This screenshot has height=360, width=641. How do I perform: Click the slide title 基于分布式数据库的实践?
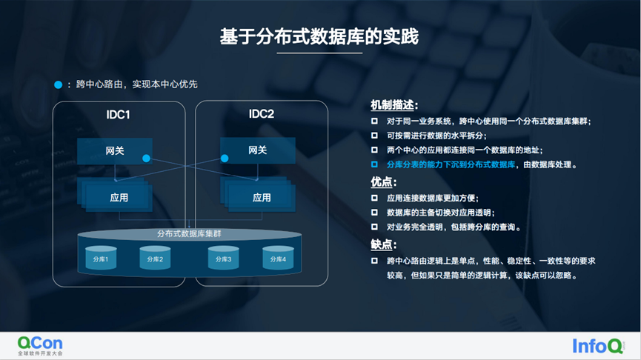click(319, 36)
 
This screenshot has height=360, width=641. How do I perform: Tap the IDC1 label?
click(118, 115)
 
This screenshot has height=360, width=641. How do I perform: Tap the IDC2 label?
click(261, 115)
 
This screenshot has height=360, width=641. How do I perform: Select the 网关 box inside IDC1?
click(114, 150)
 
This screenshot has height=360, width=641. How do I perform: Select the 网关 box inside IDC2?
click(257, 150)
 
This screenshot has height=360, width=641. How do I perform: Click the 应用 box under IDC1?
click(119, 197)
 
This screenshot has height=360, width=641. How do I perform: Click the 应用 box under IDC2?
click(261, 197)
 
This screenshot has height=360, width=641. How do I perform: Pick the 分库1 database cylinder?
click(101, 258)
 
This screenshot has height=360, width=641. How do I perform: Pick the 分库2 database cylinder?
click(155, 258)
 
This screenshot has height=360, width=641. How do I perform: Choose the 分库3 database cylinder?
click(224, 258)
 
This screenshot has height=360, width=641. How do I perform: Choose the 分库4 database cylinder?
click(278, 258)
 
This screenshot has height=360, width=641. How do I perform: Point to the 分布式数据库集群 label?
click(190, 233)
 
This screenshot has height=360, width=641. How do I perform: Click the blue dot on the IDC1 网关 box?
click(146, 159)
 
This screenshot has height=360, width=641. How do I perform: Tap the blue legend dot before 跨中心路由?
click(59, 84)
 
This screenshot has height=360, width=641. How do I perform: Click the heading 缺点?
click(383, 244)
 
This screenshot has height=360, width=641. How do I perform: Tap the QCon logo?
click(40, 345)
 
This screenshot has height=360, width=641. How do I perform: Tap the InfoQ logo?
click(597, 345)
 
